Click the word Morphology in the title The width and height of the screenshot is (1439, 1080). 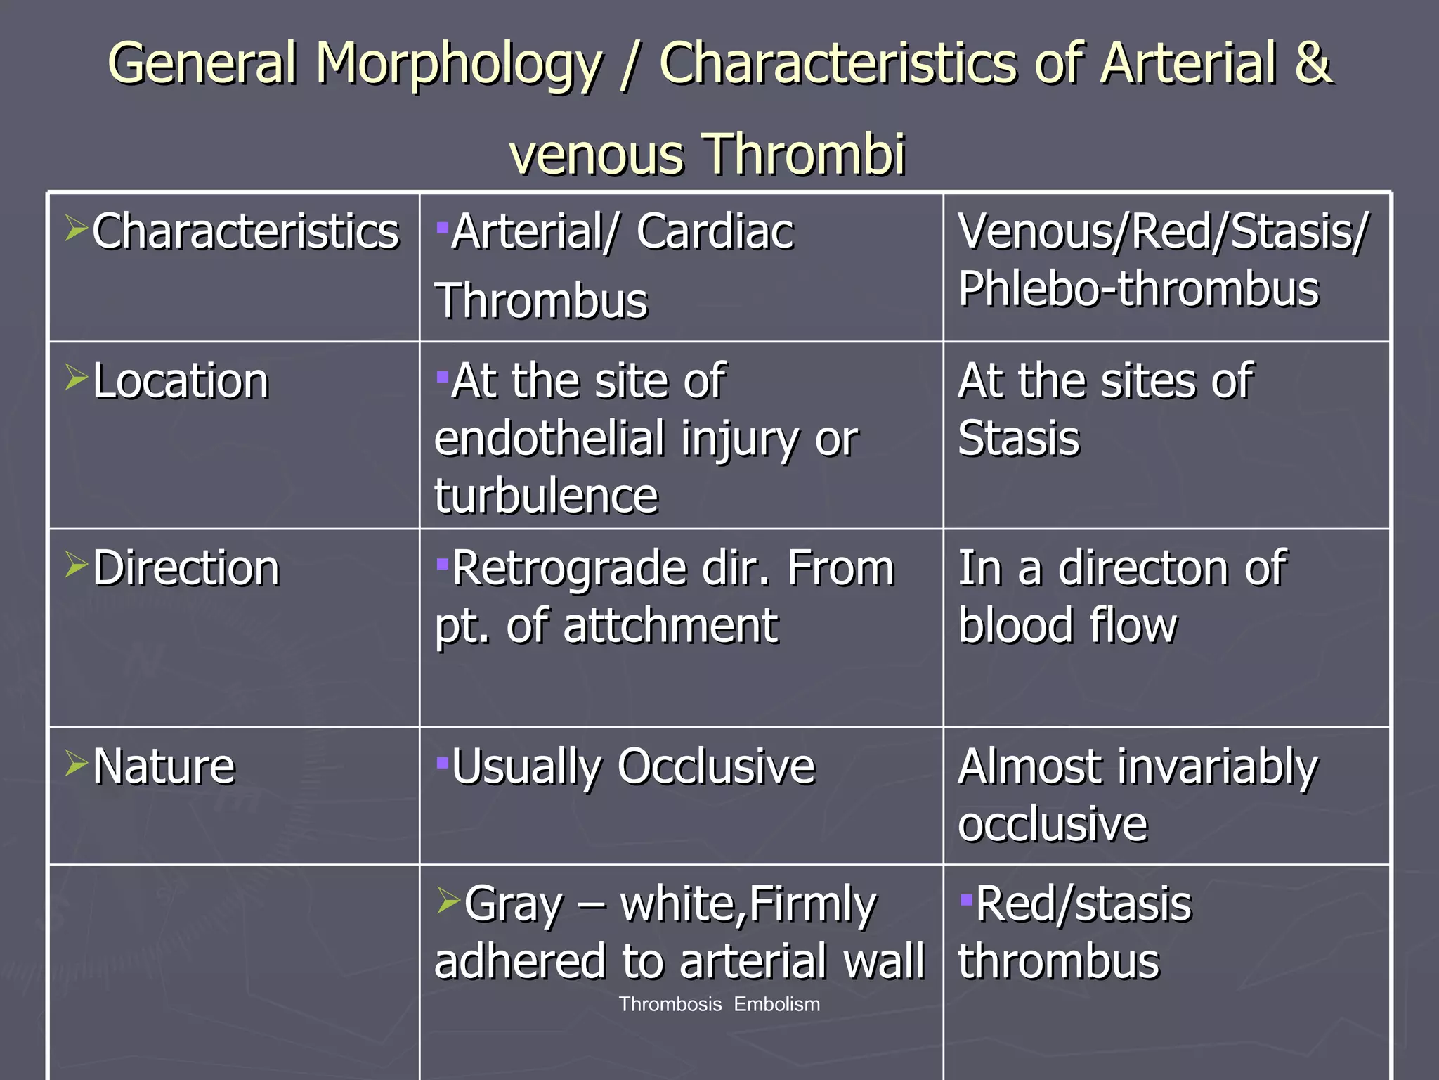458,65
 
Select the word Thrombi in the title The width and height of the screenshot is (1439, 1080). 804,154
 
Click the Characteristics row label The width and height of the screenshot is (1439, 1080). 245,231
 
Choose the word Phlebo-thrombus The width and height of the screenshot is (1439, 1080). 1138,290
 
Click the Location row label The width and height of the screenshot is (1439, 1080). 181,381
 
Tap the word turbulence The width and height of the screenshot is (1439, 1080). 546,496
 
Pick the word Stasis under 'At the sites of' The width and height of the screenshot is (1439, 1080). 1018,439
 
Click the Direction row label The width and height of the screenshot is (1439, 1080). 186,568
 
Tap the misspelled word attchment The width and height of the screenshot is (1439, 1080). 670,626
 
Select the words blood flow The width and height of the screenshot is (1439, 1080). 1067,626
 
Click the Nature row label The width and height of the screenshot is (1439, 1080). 164,766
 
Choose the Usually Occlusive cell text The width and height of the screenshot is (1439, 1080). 632,766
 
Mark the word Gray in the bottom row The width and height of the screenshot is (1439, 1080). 514,904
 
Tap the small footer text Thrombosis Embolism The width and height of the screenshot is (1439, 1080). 719,1004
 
